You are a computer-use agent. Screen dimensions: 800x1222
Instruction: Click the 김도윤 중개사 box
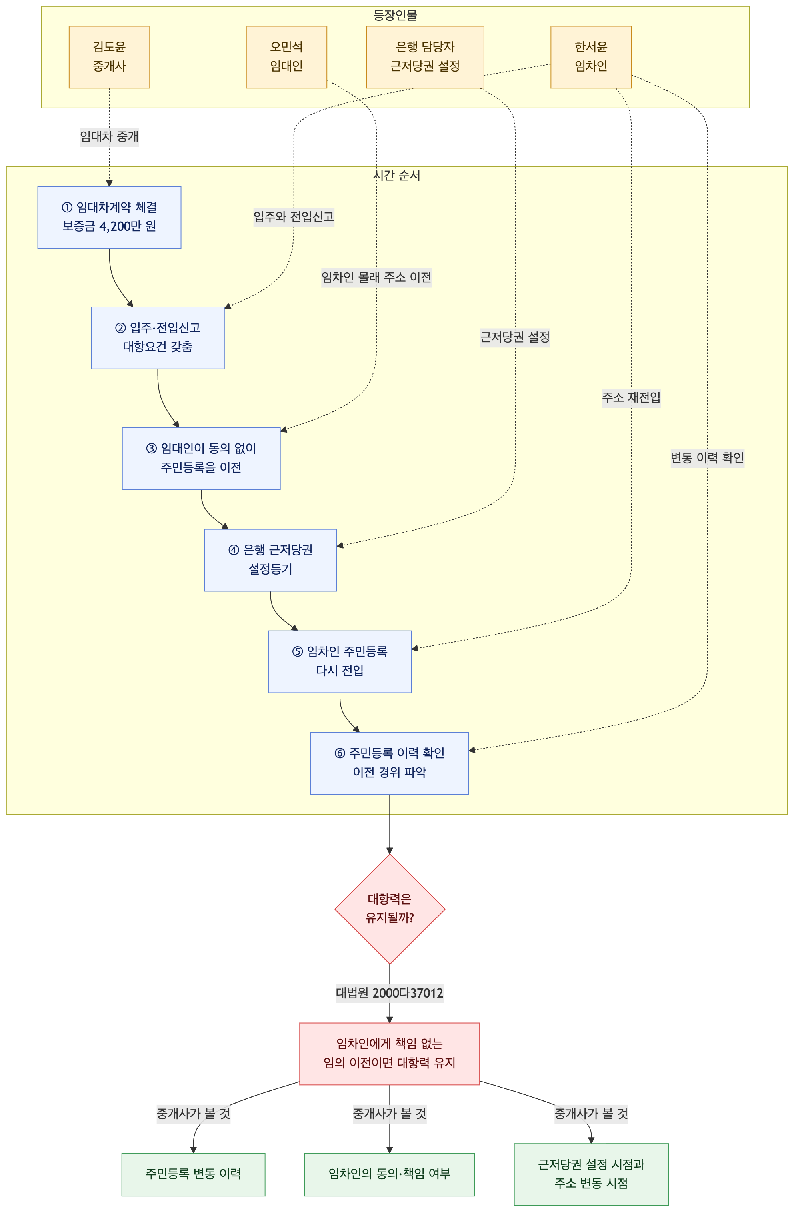109,57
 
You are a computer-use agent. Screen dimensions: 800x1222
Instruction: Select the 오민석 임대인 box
286,57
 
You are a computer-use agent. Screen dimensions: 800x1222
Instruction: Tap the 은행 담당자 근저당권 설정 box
425,57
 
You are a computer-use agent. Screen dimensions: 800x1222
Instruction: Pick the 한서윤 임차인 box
591,57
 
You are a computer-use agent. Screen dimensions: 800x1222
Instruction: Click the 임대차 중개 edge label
109,137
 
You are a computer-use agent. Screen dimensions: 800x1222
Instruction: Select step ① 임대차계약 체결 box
109,217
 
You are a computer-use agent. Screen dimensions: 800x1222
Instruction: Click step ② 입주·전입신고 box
158,338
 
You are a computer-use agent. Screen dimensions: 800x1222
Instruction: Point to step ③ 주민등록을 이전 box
201,459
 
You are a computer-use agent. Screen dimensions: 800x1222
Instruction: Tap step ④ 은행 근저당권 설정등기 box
271,560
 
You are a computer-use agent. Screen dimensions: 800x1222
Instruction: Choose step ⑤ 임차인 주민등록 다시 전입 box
340,662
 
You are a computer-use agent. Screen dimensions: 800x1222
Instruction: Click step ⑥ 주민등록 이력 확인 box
390,763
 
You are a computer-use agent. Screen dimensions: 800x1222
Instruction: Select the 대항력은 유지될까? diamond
390,909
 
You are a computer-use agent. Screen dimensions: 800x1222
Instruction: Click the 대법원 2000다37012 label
390,993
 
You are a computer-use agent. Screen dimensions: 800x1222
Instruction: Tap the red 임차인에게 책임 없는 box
390,1054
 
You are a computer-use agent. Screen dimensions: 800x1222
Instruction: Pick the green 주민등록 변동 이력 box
194,1174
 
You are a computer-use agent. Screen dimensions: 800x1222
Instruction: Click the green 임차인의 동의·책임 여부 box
390,1174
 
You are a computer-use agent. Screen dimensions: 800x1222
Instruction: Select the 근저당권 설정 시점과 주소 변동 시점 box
591,1174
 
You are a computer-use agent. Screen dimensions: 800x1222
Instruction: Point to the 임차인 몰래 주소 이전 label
376,277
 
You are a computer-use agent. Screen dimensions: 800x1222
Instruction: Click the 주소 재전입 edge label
631,397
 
